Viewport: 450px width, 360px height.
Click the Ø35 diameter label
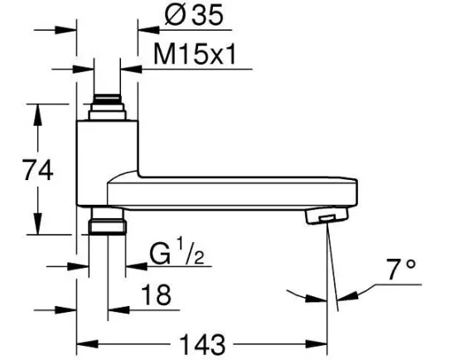click(194, 15)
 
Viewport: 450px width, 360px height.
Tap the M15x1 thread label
click(195, 55)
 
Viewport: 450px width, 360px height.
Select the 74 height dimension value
click(37, 170)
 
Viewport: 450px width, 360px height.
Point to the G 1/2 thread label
click(177, 251)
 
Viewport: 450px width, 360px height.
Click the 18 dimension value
click(157, 294)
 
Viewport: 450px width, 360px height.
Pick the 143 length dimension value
click(202, 344)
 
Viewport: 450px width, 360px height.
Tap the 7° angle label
click(401, 270)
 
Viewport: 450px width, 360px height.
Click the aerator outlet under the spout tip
click(327, 216)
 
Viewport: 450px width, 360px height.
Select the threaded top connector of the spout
click(108, 107)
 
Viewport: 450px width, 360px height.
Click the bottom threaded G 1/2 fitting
click(108, 221)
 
